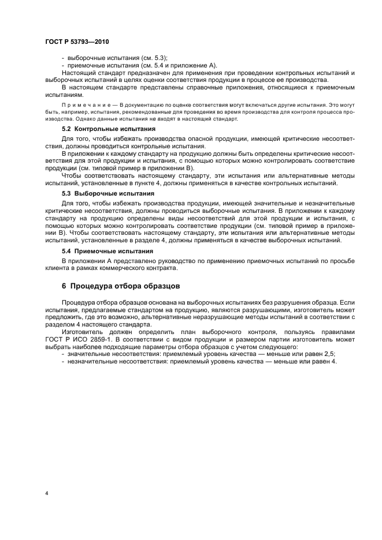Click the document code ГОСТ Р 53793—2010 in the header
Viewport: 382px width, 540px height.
coord(76,42)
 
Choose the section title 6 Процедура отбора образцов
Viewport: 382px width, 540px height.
coord(121,286)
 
